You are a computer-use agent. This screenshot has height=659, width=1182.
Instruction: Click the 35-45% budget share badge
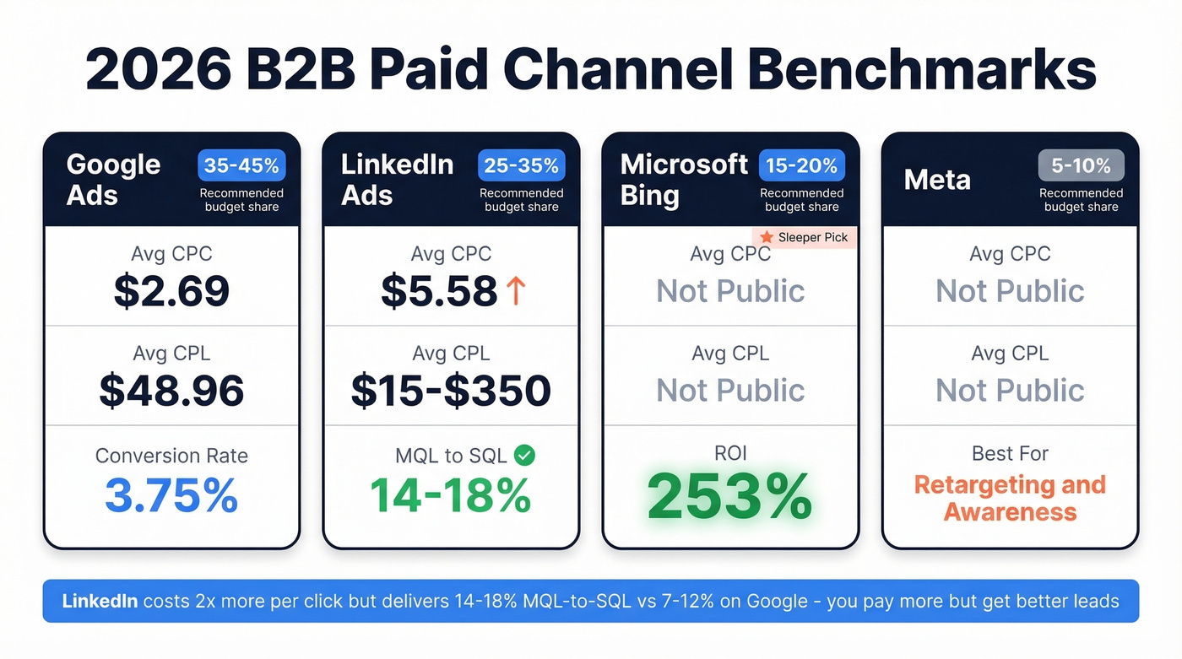pos(241,166)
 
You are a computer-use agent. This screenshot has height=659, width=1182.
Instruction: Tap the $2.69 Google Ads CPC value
pos(171,291)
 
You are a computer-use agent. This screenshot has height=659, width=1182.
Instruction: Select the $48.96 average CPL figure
pos(171,390)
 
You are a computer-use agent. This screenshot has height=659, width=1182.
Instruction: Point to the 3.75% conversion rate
pos(171,495)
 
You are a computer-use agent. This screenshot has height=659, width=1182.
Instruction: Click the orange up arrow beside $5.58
pos(516,290)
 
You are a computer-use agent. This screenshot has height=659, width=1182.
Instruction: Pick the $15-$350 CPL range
pos(451,390)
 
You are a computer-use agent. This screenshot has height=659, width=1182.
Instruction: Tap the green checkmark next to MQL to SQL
pos(524,456)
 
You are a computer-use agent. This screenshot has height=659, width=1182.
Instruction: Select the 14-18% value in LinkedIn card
pos(451,495)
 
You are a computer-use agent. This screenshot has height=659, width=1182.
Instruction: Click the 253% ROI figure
pos(730,497)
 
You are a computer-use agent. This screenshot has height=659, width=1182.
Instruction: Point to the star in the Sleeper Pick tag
pos(767,237)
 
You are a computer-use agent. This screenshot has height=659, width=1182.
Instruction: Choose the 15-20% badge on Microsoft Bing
pos(801,166)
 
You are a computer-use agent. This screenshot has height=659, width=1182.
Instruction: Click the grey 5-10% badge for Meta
pos(1081,166)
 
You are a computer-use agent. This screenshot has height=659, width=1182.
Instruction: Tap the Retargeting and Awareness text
pos(1010,498)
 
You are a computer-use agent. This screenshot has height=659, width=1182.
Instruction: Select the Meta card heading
pos(937,180)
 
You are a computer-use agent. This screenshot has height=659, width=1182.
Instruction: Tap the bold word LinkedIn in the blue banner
pos(100,602)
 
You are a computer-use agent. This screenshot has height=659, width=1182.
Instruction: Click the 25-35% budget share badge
pos(521,166)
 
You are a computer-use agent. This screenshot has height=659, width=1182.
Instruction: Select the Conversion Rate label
pos(171,456)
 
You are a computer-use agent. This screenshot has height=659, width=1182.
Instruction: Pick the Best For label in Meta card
pos(1010,454)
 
